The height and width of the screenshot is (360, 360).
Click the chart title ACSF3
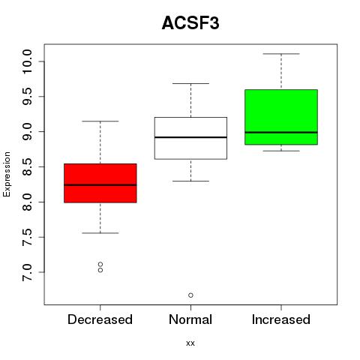pyautogui.click(x=190, y=23)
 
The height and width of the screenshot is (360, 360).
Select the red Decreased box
pyautogui.click(x=100, y=183)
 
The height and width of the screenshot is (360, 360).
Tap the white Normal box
pyautogui.click(x=190, y=138)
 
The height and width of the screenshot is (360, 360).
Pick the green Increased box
pyautogui.click(x=281, y=117)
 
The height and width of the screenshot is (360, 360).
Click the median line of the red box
pyautogui.click(x=100, y=185)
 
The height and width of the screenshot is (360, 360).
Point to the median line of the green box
pyautogui.click(x=281, y=133)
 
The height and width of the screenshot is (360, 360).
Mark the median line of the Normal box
pyautogui.click(x=190, y=137)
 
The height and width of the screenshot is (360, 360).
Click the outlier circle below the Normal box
pyautogui.click(x=190, y=295)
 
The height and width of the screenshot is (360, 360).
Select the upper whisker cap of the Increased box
pyautogui.click(x=281, y=54)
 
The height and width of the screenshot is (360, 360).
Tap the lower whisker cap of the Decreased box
pyautogui.click(x=100, y=233)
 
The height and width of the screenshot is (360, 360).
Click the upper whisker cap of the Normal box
pyautogui.click(x=190, y=83)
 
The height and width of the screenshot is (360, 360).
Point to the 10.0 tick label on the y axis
pyautogui.click(x=27, y=61)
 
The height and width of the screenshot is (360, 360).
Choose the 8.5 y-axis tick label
pyautogui.click(x=27, y=166)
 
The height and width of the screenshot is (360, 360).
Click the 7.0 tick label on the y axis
pyautogui.click(x=27, y=272)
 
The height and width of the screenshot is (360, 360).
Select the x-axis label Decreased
pyautogui.click(x=100, y=319)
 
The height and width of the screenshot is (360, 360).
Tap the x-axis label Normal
pyautogui.click(x=190, y=319)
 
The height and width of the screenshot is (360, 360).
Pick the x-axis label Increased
pyautogui.click(x=281, y=319)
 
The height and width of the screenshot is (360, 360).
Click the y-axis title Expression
pyautogui.click(x=7, y=174)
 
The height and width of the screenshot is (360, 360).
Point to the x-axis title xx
pyautogui.click(x=190, y=343)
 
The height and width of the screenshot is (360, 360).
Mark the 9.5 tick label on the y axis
pyautogui.click(x=27, y=97)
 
